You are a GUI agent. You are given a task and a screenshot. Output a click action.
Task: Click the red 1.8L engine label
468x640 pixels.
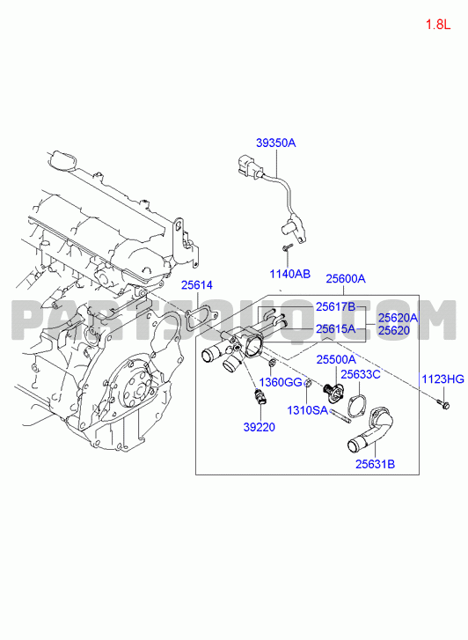coord(438,25)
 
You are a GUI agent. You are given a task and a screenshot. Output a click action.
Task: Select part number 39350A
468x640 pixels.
coord(276,143)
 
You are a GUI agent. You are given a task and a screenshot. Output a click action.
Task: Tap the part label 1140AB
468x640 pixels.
coord(289,274)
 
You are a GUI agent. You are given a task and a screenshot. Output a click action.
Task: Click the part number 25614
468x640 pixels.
coord(197,285)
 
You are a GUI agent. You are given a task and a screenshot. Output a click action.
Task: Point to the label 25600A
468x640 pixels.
coord(346,279)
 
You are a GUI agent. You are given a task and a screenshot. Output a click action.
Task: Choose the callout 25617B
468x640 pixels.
coord(336,307)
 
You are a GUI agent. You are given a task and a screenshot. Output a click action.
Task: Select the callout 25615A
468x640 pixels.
coord(336,328)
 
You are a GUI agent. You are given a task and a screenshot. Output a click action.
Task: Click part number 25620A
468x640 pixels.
coord(399,318)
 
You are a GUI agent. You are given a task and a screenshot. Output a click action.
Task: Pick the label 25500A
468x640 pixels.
coord(336,359)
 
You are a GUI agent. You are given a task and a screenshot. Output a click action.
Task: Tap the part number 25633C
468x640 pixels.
coord(361,374)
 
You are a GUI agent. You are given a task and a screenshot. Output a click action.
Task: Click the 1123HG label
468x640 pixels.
coord(442,379)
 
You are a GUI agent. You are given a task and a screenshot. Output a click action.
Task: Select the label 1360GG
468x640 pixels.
coord(281,382)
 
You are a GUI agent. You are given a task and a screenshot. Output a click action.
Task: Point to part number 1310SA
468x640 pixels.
coord(308,410)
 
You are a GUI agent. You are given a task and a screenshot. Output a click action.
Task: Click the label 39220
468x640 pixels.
coord(260,427)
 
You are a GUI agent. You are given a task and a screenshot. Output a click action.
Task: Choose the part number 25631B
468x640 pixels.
coord(375,464)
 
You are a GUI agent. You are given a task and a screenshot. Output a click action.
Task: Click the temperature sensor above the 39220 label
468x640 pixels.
coord(259,397)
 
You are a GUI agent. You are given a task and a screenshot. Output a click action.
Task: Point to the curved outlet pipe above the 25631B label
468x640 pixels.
coord(371,431)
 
